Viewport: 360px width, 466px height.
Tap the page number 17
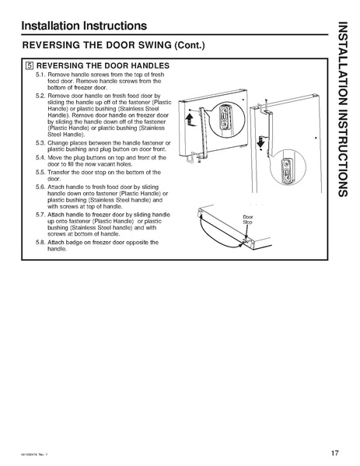pyautogui.click(x=333, y=453)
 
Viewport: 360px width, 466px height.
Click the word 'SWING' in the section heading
pyautogui.click(x=138, y=46)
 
